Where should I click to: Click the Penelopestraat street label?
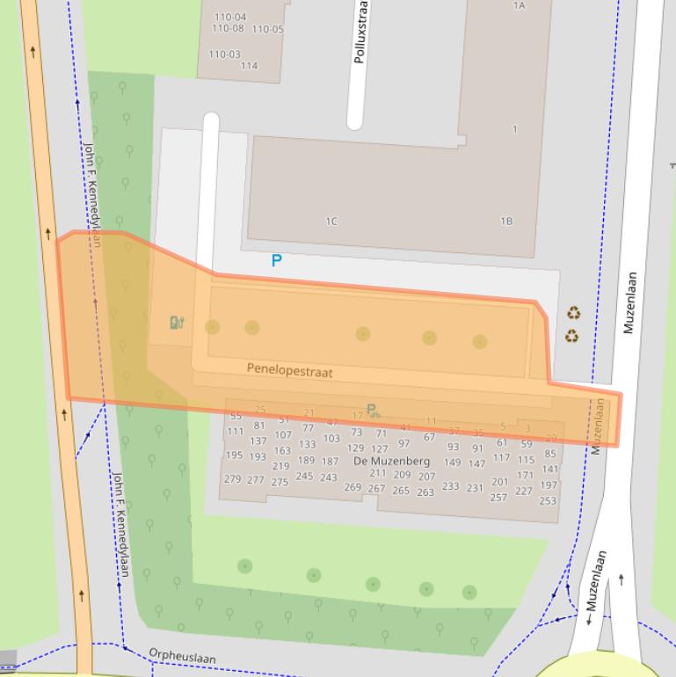[x=289, y=370]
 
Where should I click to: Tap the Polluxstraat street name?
[x=360, y=33]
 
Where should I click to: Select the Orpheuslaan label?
[x=182, y=657]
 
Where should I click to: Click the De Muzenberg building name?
[x=391, y=461]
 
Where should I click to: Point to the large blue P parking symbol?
[x=276, y=261]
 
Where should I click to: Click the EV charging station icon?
[x=177, y=323]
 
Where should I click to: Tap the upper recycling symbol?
[x=573, y=313]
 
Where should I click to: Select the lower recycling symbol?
[x=572, y=336]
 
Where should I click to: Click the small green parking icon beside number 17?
[x=373, y=411]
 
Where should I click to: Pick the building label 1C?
[x=331, y=222]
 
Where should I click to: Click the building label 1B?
[x=506, y=222]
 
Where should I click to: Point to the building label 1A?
[x=519, y=6]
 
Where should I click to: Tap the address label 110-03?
[x=224, y=55]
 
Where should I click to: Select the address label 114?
[x=249, y=66]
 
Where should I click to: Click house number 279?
[x=232, y=479]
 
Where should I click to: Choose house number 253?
[x=548, y=501]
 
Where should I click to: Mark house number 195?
[x=234, y=455]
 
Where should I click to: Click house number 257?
[x=498, y=498]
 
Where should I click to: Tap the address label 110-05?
[x=268, y=29]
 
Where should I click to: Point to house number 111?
[x=235, y=432]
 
